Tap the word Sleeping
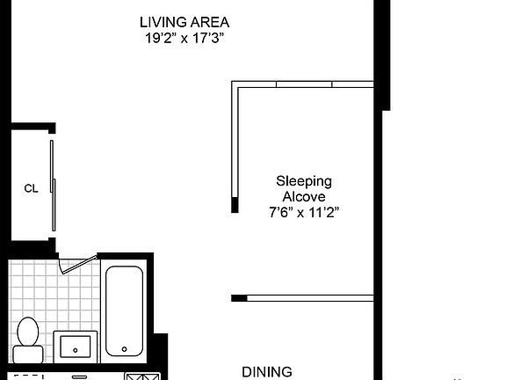click(304, 181)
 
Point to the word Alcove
click(304, 196)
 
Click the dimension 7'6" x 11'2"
click(304, 212)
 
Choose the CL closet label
click(31, 188)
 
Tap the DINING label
click(267, 372)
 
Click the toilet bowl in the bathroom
click(27, 332)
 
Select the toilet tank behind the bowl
click(27, 354)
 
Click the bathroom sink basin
click(76, 346)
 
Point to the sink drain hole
click(76, 350)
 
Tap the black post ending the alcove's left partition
click(235, 206)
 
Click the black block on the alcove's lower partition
click(238, 298)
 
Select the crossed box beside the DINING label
click(140, 376)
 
